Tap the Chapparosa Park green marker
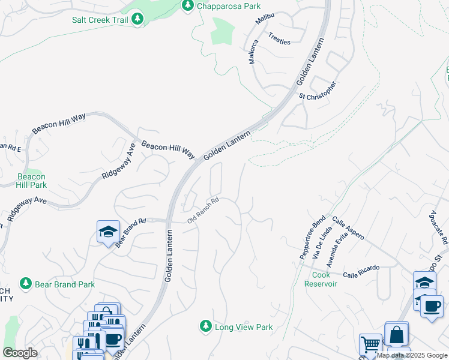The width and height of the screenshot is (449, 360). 188,5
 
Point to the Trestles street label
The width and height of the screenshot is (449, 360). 279,38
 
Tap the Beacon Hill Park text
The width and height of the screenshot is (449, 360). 31,181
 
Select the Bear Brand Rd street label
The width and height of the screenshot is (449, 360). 131,233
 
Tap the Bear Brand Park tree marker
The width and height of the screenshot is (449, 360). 25,283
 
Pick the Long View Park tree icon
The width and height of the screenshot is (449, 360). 206,326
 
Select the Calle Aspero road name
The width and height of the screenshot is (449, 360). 348,229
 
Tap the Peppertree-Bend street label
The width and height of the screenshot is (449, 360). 312,238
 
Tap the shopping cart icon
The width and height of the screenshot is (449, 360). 370,345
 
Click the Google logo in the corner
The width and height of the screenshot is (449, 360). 20,353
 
